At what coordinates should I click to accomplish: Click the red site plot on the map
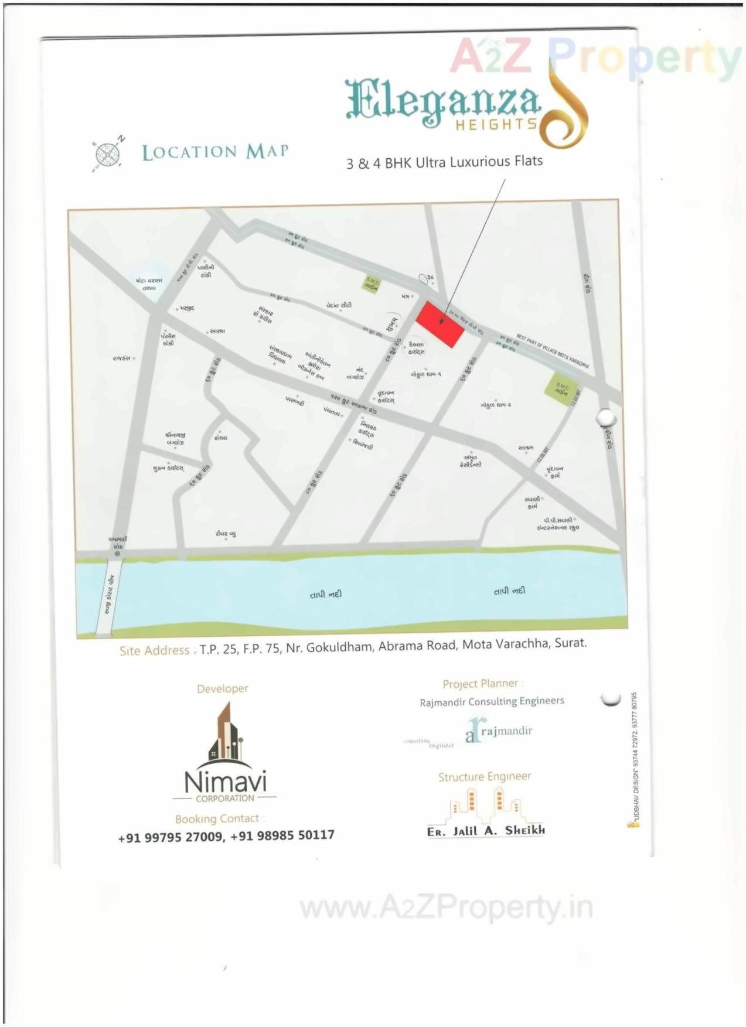440,324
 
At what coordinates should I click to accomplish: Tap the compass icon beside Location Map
107,155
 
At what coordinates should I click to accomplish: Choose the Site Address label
155,650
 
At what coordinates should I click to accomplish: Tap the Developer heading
223,689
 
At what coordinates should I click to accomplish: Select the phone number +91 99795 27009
171,837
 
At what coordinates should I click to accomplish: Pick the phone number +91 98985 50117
282,835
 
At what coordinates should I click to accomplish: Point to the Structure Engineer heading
485,777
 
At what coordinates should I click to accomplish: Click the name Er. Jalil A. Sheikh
486,831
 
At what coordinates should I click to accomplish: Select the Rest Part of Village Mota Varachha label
552,351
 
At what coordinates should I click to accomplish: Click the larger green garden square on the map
561,388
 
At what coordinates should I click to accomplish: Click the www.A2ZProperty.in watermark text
446,908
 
